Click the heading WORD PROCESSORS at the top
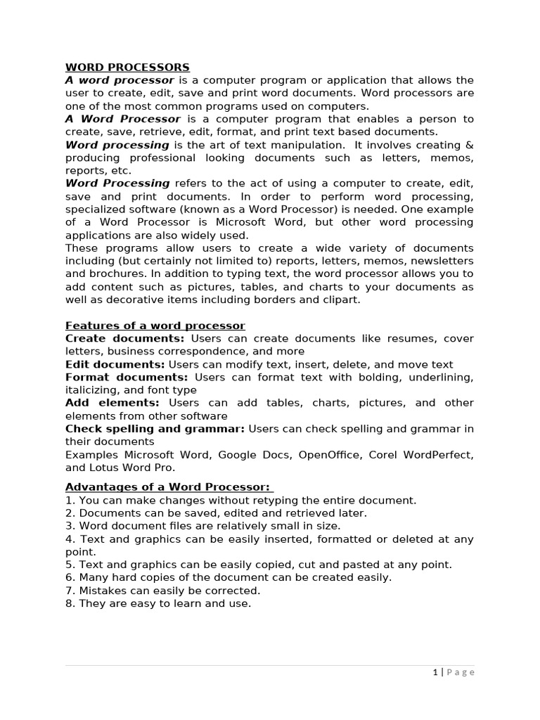(127, 67)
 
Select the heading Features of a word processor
(155, 326)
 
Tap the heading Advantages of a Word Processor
(168, 487)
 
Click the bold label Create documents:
(125, 338)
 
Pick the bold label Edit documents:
(115, 364)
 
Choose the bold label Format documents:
(127, 377)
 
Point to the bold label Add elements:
(112, 403)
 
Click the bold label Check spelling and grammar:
(155, 428)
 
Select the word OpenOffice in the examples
(329, 454)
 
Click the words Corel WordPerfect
(424, 454)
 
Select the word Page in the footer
(461, 672)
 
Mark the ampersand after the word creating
(470, 145)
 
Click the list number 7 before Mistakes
(69, 591)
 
